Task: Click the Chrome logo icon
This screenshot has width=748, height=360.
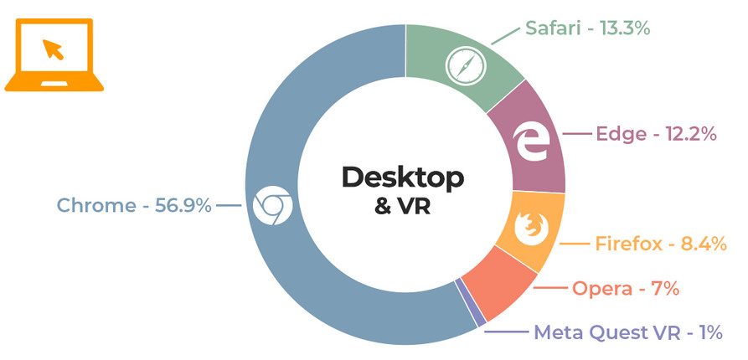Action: [271, 205]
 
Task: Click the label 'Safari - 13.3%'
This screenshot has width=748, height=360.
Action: [587, 28]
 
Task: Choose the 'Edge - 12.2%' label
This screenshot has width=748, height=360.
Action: [657, 134]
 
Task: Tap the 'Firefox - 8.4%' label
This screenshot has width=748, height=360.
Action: [660, 244]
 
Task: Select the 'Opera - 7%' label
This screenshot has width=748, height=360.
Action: [625, 289]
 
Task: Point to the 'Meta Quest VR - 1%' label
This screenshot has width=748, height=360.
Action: [628, 332]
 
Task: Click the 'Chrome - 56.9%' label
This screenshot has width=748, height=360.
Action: [134, 205]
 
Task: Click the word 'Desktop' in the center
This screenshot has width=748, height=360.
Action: [402, 177]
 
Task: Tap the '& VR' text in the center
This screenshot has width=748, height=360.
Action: [403, 206]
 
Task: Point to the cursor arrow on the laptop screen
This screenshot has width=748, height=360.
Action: [54, 49]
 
